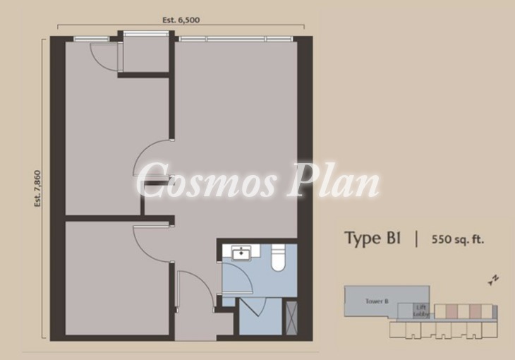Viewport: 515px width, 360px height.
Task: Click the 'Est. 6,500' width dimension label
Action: click(x=181, y=20)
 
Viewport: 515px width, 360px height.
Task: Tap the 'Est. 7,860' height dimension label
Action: click(x=38, y=188)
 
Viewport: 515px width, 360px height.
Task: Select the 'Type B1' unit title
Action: click(x=372, y=238)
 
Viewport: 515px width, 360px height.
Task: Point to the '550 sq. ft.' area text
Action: click(x=458, y=239)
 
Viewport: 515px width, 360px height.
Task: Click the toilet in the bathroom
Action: click(x=278, y=258)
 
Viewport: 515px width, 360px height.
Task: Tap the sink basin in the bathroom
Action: click(x=241, y=253)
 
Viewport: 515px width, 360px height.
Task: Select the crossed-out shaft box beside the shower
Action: click(x=291, y=318)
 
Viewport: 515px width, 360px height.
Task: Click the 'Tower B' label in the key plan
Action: click(x=377, y=301)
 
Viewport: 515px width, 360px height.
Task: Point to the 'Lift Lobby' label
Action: click(x=420, y=311)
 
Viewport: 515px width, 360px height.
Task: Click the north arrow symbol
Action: click(x=494, y=280)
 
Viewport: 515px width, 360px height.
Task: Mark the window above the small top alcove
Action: click(x=145, y=33)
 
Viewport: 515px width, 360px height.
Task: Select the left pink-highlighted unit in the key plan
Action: click(x=452, y=311)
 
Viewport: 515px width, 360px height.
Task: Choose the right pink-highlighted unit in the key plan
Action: click(x=475, y=311)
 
